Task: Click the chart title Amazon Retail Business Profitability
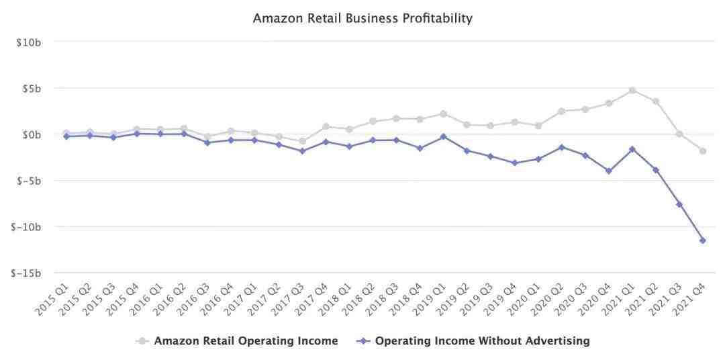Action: pos(362,18)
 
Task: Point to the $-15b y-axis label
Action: pos(28,273)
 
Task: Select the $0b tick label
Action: pos(32,134)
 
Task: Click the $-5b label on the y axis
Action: pos(30,181)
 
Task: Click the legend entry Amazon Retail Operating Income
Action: pos(246,341)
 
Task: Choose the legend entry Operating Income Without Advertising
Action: pos(482,341)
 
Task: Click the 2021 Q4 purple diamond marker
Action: pos(703,240)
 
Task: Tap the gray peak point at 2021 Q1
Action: pos(632,90)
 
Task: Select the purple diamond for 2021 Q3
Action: pos(679,204)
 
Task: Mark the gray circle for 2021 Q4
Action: pos(703,151)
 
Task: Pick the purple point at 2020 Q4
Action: pos(609,171)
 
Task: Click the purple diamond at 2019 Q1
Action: pos(443,136)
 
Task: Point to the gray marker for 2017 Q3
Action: pos(301,141)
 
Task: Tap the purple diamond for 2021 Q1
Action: pos(632,149)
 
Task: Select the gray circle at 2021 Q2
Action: pos(656,101)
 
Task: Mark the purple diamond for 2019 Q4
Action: pos(514,163)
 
